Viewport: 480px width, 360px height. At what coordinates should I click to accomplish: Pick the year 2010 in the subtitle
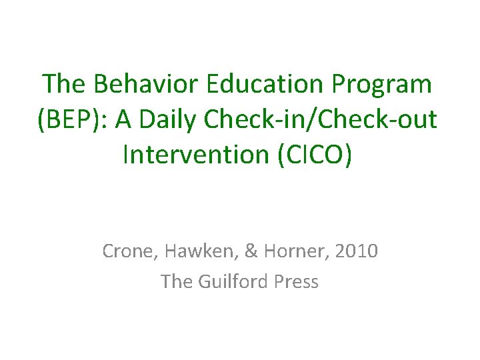click(357, 251)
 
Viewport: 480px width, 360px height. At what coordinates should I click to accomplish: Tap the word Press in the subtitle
click(296, 281)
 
